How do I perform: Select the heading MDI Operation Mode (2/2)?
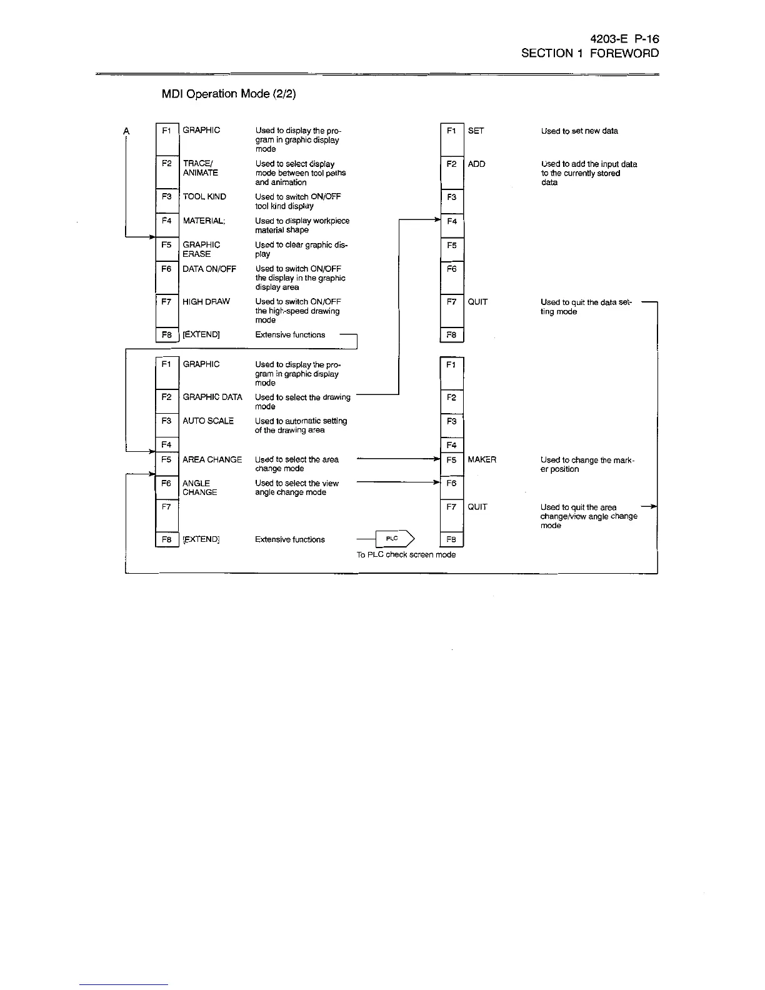pos(229,94)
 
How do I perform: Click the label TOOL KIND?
pos(204,196)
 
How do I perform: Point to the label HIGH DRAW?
pos(206,301)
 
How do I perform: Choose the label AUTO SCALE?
pos(208,421)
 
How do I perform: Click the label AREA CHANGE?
pos(212,459)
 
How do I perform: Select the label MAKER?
pos(482,459)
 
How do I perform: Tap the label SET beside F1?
pos(476,131)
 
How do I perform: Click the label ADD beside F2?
pos(476,164)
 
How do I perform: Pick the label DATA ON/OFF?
pos(209,269)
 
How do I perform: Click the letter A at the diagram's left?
pos(126,131)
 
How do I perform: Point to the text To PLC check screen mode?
pos(406,554)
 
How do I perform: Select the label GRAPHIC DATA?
pos(212,397)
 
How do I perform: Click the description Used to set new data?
pos(579,131)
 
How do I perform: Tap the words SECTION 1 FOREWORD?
pos(590,53)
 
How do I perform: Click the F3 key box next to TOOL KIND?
pos(167,200)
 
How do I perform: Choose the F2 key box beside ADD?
pos(452,172)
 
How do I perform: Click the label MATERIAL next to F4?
pos(204,221)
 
